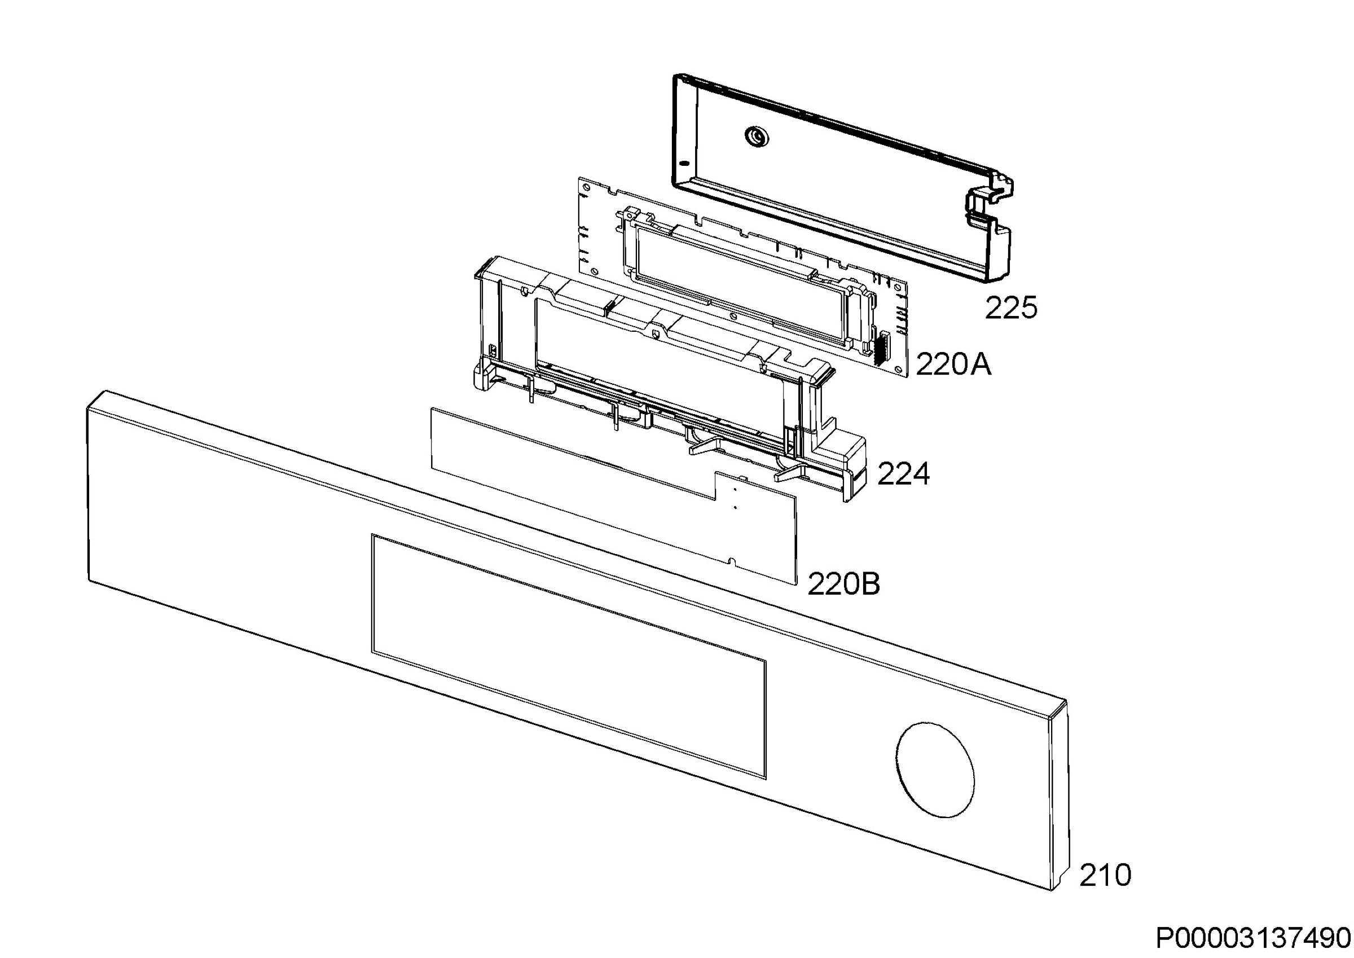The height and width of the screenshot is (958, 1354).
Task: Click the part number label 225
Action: click(x=1011, y=308)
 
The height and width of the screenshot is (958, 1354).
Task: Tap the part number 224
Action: click(x=903, y=474)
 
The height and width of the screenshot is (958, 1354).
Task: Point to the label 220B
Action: click(x=843, y=584)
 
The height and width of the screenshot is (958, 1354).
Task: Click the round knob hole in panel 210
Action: click(x=935, y=770)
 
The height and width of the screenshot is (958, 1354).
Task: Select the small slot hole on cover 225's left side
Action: click(x=684, y=163)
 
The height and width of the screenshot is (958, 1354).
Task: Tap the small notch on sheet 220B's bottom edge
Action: click(x=732, y=560)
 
